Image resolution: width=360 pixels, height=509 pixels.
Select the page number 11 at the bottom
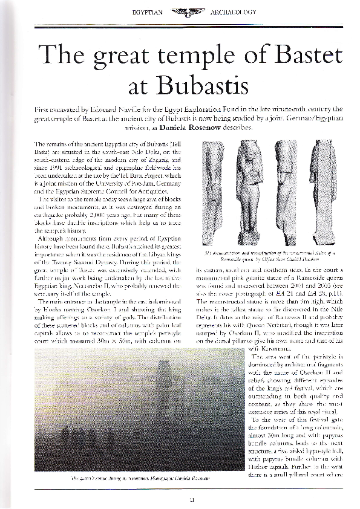tap(180, 498)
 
